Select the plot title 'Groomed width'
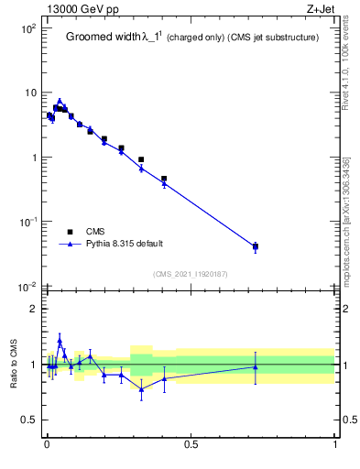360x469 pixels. [101, 38]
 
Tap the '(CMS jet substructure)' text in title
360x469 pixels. [272, 38]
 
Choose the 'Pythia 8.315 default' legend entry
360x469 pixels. [124, 244]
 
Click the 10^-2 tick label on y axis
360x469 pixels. [26, 287]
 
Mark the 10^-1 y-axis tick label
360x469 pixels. [26, 222]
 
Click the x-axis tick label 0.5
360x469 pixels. [191, 446]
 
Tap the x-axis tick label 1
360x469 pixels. [335, 446]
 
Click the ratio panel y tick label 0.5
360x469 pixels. [28, 420]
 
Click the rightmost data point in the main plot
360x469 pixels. [256, 246]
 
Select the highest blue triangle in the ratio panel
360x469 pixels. [60, 340]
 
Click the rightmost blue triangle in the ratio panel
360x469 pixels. [256, 366]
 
